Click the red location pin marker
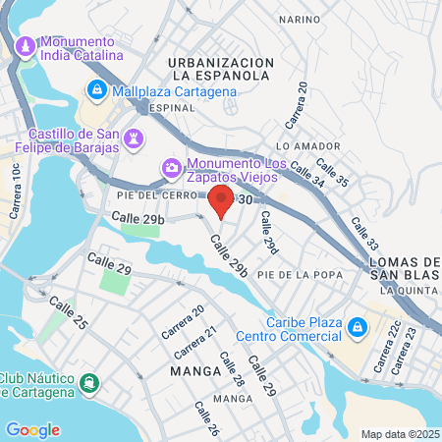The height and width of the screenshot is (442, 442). tap(221, 201)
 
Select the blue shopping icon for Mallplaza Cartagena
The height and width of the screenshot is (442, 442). tap(97, 91)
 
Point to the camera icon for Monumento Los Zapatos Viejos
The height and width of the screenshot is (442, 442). tap(172, 169)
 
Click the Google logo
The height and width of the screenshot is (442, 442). tap(32, 429)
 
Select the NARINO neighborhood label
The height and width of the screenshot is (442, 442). tap(299, 19)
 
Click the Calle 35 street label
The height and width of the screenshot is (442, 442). tap(332, 171)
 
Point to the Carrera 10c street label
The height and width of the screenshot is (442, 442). tap(16, 191)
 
